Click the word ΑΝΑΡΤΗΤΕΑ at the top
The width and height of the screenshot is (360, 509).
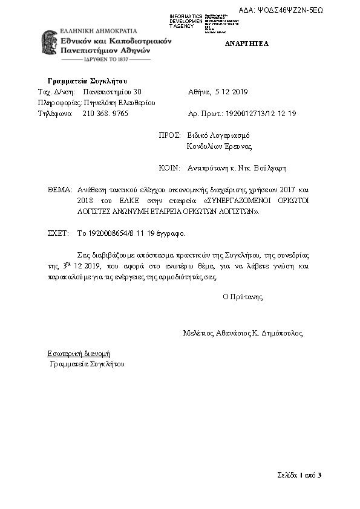(247, 44)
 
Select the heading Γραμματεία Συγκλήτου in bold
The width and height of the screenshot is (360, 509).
(87, 81)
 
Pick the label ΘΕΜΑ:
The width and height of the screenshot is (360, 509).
(59, 190)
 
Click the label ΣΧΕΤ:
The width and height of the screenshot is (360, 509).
(59, 233)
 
